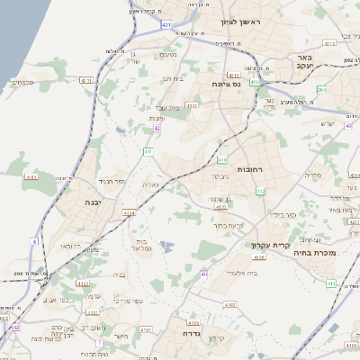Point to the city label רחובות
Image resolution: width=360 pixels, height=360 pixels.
pos(248,169)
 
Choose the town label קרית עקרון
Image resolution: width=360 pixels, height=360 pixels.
pos(266,244)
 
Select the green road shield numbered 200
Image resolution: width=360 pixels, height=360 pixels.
pos(321,90)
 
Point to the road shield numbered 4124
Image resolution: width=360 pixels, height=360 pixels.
pos(129,212)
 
